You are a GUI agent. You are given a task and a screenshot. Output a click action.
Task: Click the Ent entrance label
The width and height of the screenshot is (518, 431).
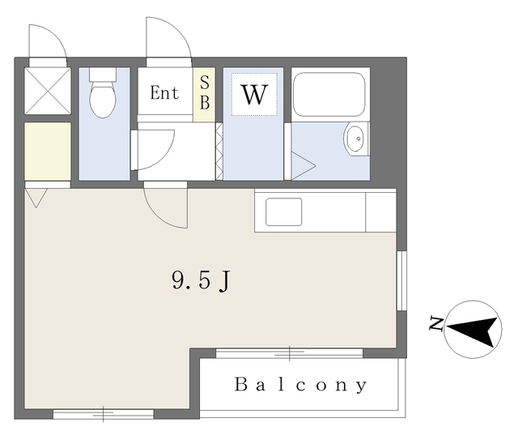tap(164, 92)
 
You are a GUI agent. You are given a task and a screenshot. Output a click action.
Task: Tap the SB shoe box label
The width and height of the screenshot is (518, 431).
tap(205, 92)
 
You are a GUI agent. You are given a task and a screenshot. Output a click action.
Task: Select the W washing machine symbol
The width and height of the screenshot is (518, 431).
tap(254, 95)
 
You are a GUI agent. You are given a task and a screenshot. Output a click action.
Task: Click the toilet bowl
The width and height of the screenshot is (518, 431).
tap(103, 98)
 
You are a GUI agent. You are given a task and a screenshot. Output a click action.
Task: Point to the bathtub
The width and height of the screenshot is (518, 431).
tap(329, 94)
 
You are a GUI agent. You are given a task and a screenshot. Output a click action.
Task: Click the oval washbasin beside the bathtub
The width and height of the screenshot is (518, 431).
tap(355, 139)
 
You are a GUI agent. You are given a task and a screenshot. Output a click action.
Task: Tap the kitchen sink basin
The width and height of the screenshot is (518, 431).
tap(284, 211)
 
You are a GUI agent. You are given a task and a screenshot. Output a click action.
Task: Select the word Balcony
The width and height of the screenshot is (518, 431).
tap(301, 385)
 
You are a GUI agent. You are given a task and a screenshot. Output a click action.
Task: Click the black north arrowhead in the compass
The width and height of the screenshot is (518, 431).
tap(473, 329)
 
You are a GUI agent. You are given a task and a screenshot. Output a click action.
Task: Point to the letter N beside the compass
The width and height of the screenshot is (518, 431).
tap(436, 324)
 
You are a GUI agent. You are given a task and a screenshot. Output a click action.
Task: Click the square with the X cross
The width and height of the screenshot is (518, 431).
tap(48, 91)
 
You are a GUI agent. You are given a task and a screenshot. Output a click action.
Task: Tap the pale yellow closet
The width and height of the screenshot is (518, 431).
tap(48, 151)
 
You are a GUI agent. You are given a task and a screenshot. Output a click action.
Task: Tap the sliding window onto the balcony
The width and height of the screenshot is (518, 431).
tap(290, 353)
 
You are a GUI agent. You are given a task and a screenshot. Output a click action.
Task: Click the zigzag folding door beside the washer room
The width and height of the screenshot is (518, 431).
tap(219, 151)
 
